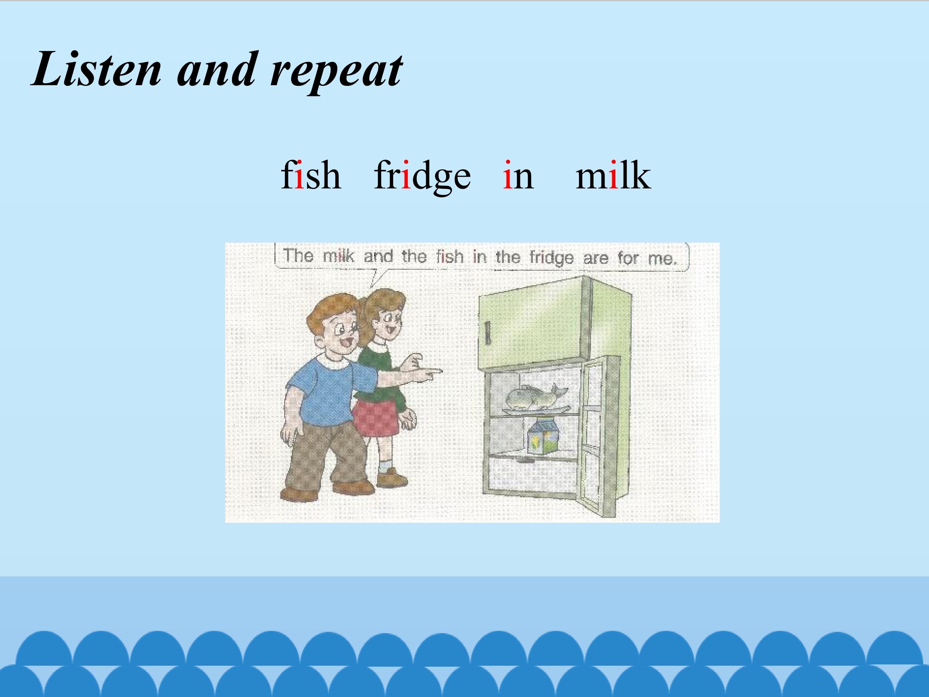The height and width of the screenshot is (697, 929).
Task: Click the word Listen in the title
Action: point(96,69)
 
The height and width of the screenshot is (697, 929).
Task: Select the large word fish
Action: point(311,175)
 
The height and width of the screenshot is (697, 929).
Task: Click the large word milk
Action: point(613,175)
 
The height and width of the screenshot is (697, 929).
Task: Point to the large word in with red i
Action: point(518,175)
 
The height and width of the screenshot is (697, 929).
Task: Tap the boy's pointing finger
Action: point(435,371)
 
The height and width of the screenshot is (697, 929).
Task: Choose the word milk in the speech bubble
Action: point(338,256)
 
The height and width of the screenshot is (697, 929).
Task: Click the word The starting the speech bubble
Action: point(298,255)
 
